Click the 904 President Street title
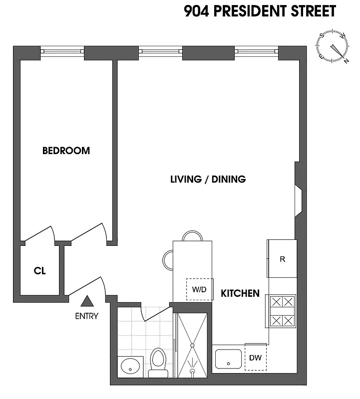(260, 11)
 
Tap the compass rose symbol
(332, 47)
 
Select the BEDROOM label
(66, 151)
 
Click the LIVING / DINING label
(208, 179)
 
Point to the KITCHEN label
(240, 293)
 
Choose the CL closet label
(40, 271)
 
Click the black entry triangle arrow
(87, 301)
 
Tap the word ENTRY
(87, 316)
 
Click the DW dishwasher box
(256, 357)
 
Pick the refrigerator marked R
(282, 259)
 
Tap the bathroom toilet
(158, 361)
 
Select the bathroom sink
(130, 366)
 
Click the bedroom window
(62, 51)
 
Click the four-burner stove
(282, 311)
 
